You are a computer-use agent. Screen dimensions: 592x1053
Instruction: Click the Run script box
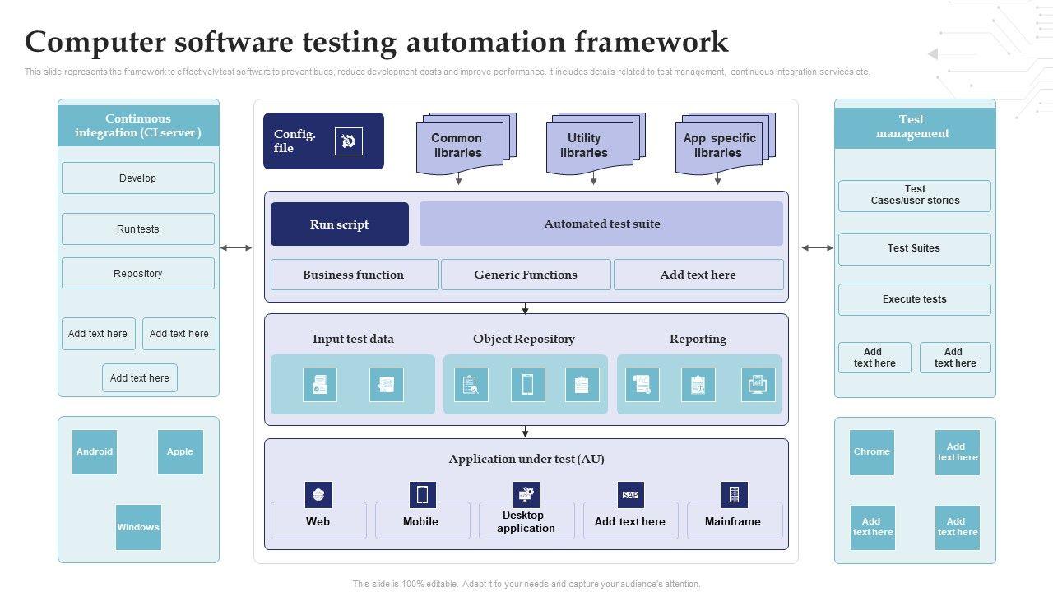339,224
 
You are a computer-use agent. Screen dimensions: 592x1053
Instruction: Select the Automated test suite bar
601,224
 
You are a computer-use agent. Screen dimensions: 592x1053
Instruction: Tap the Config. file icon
349,141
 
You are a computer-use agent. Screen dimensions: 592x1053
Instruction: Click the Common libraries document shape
457,146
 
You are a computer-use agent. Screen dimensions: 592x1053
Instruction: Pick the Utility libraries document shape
585,146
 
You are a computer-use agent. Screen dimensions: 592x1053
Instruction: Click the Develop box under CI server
137,178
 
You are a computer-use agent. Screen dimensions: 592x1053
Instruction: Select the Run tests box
137,229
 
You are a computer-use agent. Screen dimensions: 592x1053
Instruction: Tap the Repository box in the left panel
137,274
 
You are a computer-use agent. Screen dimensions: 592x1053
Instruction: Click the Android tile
95,451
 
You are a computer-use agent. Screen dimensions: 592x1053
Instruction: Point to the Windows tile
138,527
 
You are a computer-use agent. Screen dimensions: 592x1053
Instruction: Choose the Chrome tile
871,451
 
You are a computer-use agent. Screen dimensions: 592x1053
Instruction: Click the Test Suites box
914,248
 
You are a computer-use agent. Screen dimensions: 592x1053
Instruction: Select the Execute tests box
914,299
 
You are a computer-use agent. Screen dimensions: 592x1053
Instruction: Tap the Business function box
354,275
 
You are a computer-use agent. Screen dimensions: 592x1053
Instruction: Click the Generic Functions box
526,275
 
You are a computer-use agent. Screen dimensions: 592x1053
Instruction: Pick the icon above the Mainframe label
734,495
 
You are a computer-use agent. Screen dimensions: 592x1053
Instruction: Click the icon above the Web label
318,495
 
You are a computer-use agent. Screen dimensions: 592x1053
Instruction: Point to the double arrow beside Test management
818,247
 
